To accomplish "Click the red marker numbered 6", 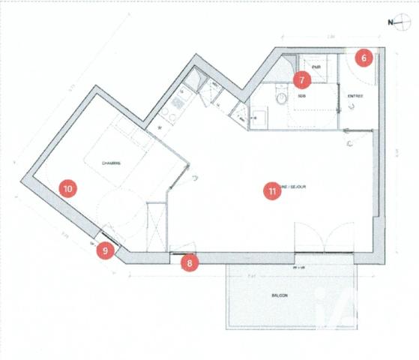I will point(364,58).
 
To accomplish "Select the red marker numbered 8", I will point(190,262).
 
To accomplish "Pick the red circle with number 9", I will point(106,251).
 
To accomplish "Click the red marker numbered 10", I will point(68,189).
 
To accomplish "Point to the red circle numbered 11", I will point(271,191).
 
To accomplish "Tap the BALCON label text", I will point(280,295).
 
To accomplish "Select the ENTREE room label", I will point(356,97).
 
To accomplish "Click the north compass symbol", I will point(397,22).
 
